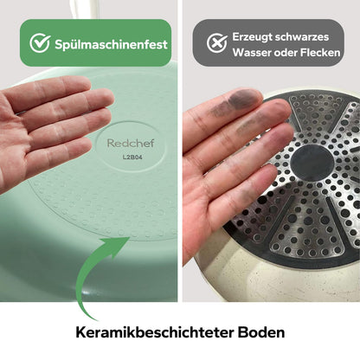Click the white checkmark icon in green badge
coord(39,42)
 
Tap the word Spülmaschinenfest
coord(110,42)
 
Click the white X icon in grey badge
coord(212,43)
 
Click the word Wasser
coord(253,53)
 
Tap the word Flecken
coord(329,53)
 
